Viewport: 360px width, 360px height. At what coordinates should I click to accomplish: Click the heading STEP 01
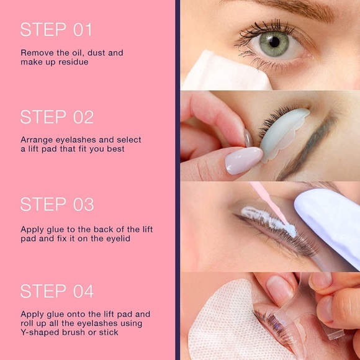pyautogui.click(x=56, y=30)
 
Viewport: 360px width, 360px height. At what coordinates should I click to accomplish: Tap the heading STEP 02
pyautogui.click(x=57, y=117)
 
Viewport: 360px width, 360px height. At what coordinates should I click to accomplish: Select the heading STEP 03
pyautogui.click(x=57, y=204)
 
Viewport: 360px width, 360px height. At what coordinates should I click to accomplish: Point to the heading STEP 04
pyautogui.click(x=57, y=291)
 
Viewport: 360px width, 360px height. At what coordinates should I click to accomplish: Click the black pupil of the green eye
pyautogui.click(x=274, y=42)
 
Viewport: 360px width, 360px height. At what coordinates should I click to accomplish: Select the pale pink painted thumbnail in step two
pyautogui.click(x=244, y=160)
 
